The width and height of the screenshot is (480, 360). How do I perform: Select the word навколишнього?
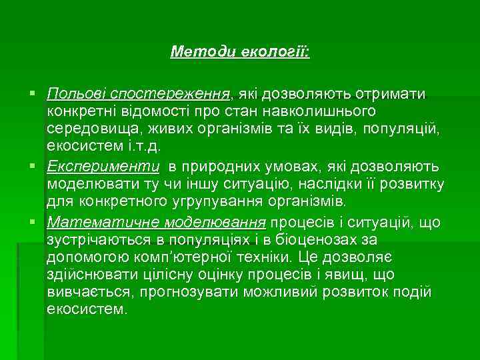click(325, 109)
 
